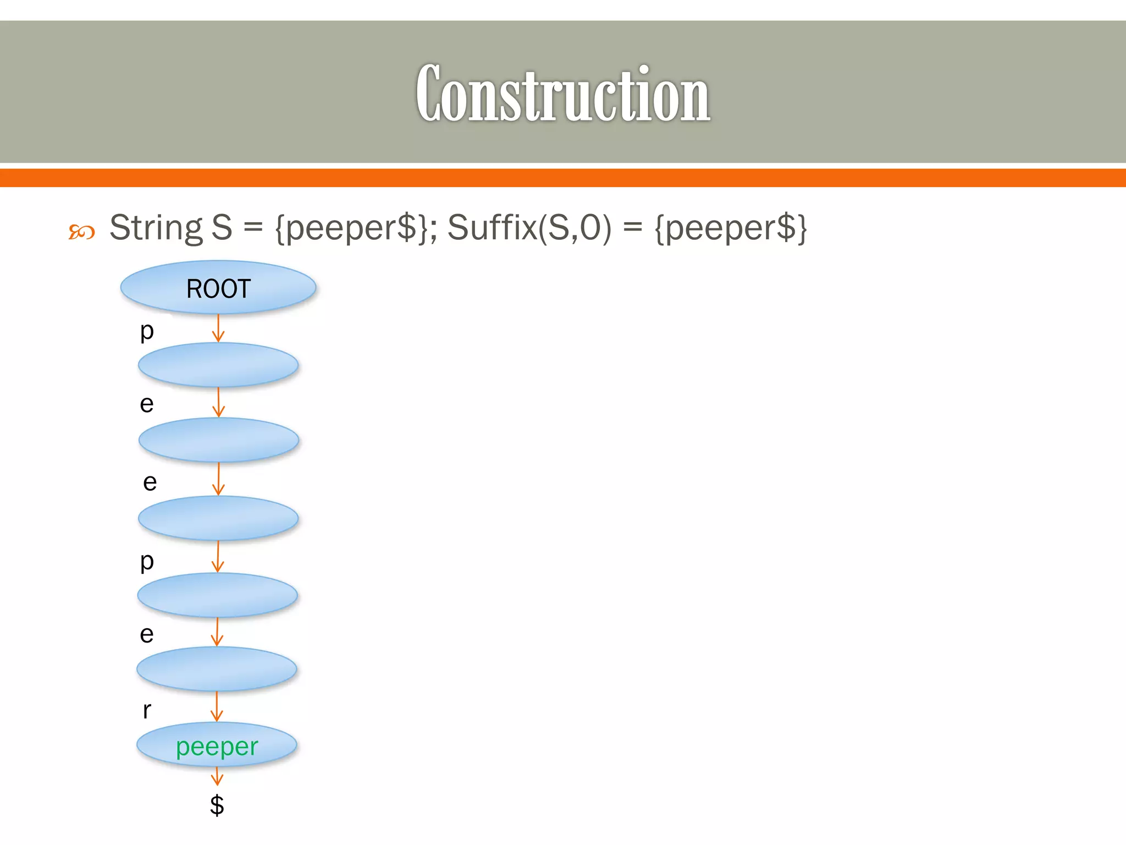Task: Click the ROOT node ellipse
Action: coord(218,288)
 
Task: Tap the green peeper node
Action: coord(217,746)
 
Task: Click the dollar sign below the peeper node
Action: coord(217,805)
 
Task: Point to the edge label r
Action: coord(146,710)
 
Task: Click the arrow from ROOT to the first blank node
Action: coord(218,328)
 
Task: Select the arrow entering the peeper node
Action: coord(217,706)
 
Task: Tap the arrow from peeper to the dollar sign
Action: coord(217,776)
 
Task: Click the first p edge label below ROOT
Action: coord(146,331)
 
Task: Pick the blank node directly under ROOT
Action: coord(218,365)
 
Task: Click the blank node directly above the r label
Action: coord(217,669)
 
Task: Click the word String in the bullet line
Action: coord(156,227)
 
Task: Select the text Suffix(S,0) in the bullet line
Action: coord(529,227)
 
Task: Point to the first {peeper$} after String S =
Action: coord(351,227)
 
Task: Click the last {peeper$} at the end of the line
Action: coord(731,227)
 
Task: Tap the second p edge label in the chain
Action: coord(146,562)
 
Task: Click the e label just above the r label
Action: coord(146,634)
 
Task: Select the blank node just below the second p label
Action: coord(217,595)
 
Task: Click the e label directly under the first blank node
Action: coord(146,404)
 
